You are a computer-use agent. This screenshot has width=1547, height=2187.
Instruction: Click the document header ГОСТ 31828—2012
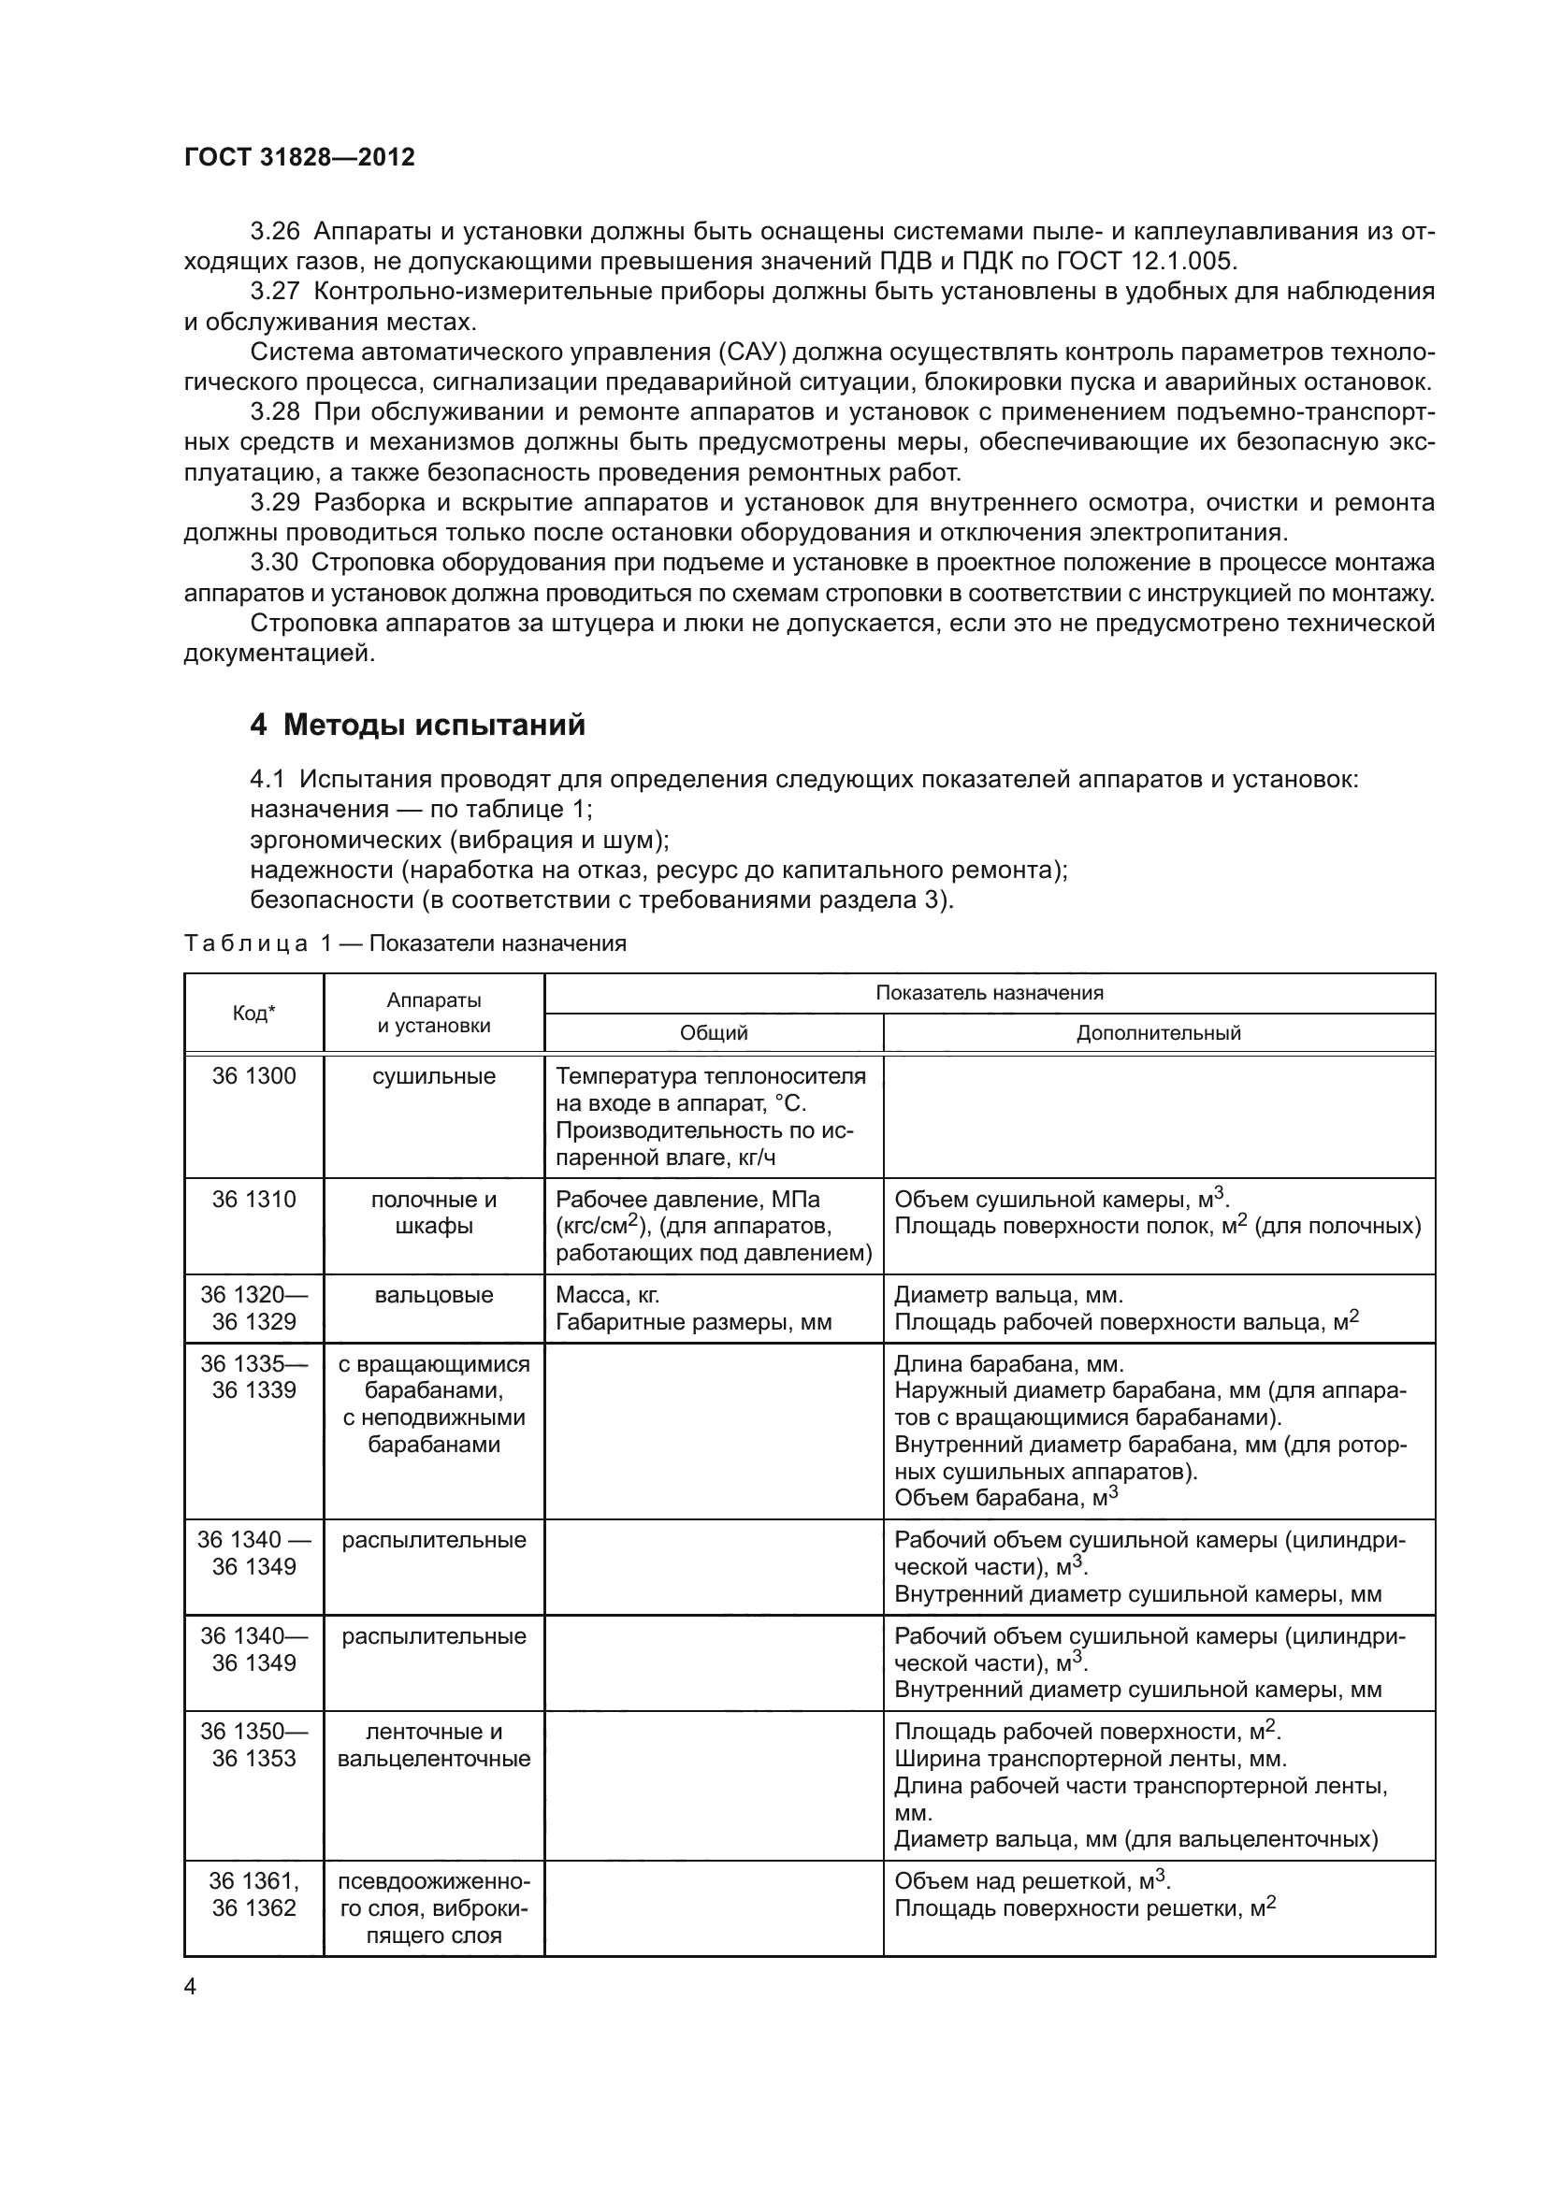coord(299,157)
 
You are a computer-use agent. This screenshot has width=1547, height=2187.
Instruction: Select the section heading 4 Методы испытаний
coord(417,725)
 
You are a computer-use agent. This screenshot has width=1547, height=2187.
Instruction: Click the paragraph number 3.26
coord(274,232)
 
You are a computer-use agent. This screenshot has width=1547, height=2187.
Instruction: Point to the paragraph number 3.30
coord(274,563)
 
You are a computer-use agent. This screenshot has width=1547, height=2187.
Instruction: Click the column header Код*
coord(253,1014)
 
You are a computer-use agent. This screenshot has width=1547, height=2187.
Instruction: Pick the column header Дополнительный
coord(1158,1033)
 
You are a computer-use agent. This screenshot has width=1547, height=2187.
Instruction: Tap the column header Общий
coord(714,1033)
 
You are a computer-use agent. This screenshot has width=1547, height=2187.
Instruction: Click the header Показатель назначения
coord(989,994)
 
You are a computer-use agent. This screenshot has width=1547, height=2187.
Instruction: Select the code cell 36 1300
coord(253,1076)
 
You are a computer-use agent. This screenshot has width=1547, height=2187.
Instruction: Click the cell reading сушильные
coord(433,1076)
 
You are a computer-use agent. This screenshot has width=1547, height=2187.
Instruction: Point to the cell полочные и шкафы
coord(433,1213)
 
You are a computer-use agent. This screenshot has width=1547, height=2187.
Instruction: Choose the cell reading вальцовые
coord(433,1295)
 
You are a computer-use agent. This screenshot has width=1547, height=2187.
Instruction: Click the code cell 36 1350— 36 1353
coord(253,1745)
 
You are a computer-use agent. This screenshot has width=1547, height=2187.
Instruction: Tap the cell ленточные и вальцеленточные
coord(433,1745)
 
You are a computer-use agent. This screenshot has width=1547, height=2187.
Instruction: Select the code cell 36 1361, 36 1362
coord(253,1894)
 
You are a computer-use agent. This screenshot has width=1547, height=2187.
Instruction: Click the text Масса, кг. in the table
coord(607,1295)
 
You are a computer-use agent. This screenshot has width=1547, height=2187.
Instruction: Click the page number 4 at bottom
coord(190,1987)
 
